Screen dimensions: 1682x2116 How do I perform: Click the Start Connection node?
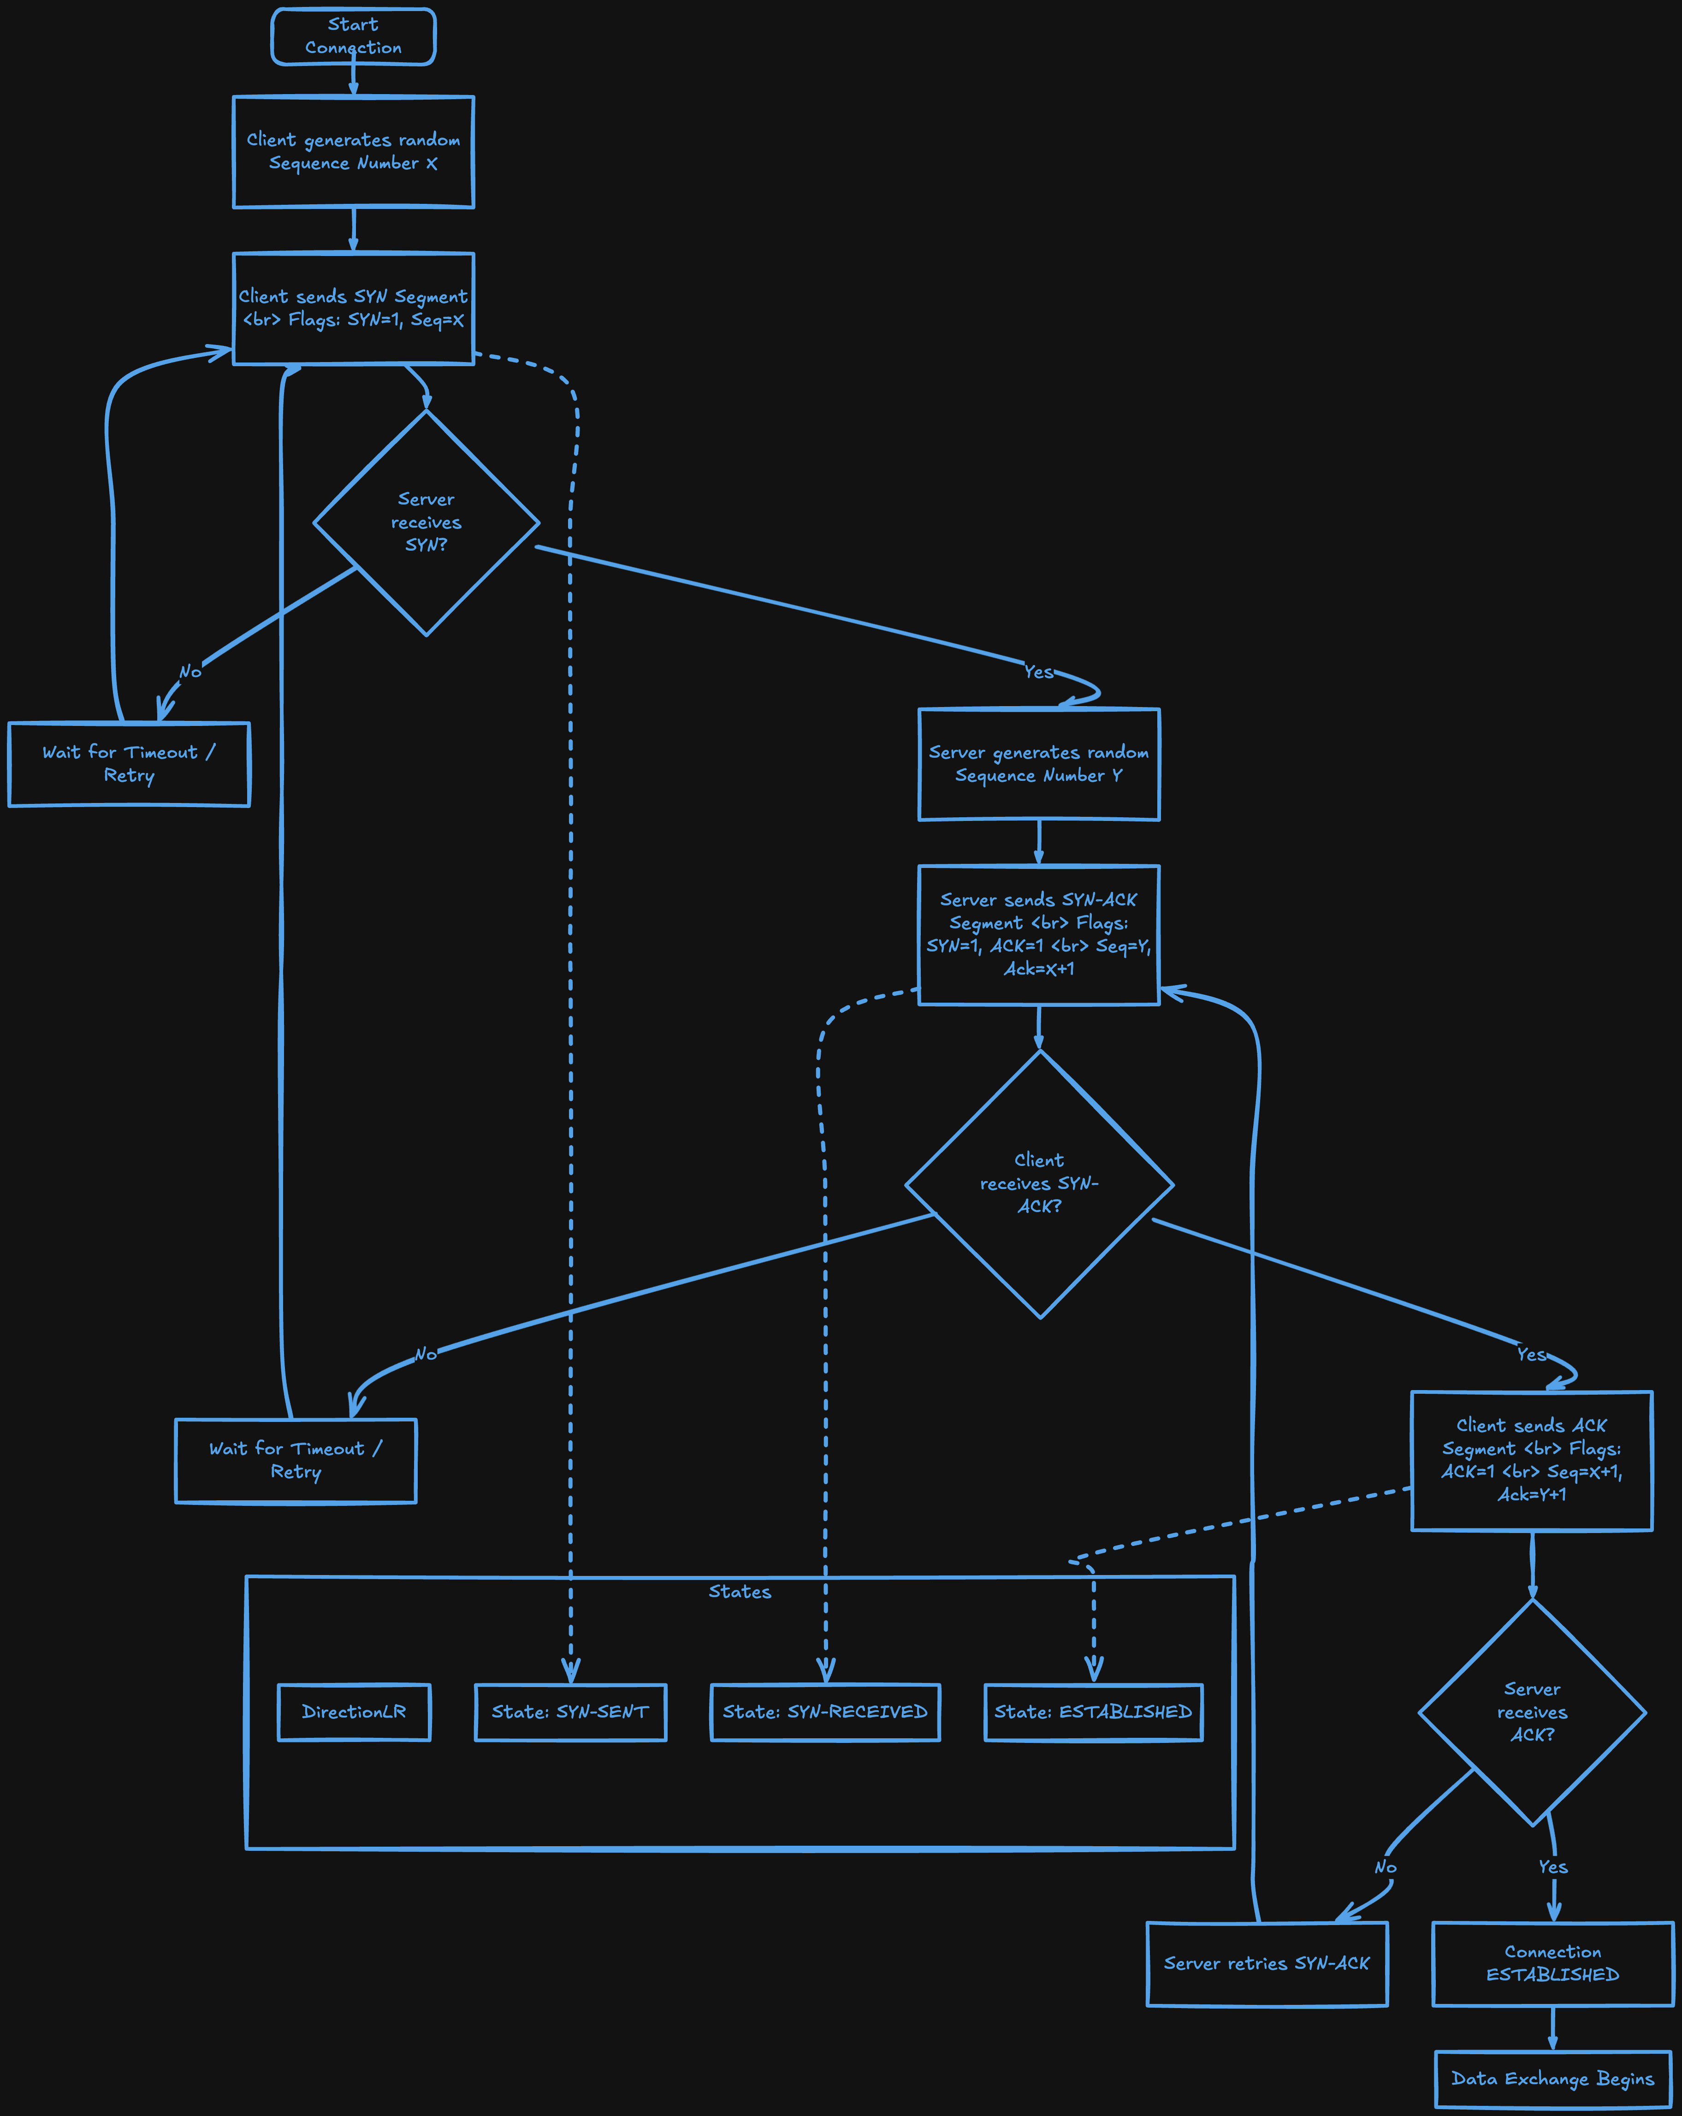tap(353, 36)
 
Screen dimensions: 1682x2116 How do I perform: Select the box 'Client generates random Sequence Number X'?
tap(353, 152)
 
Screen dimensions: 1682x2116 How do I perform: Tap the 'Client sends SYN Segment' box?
tap(353, 308)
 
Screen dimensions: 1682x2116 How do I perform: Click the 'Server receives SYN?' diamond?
tap(426, 522)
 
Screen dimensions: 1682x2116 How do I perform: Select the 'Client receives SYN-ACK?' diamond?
tap(1039, 1183)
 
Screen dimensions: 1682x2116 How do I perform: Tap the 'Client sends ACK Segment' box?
tap(1532, 1459)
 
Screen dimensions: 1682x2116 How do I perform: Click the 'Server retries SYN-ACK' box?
tap(1267, 1963)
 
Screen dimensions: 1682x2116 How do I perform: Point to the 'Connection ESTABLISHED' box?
tap(1552, 1963)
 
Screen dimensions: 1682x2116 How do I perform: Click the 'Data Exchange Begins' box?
tap(1552, 2079)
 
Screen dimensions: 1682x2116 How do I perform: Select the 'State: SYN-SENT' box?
tap(570, 1712)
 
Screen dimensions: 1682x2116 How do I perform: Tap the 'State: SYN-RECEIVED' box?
tap(825, 1712)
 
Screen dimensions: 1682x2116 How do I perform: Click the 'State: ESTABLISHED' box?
tap(1093, 1712)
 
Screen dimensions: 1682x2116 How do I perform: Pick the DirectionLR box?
tap(353, 1712)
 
